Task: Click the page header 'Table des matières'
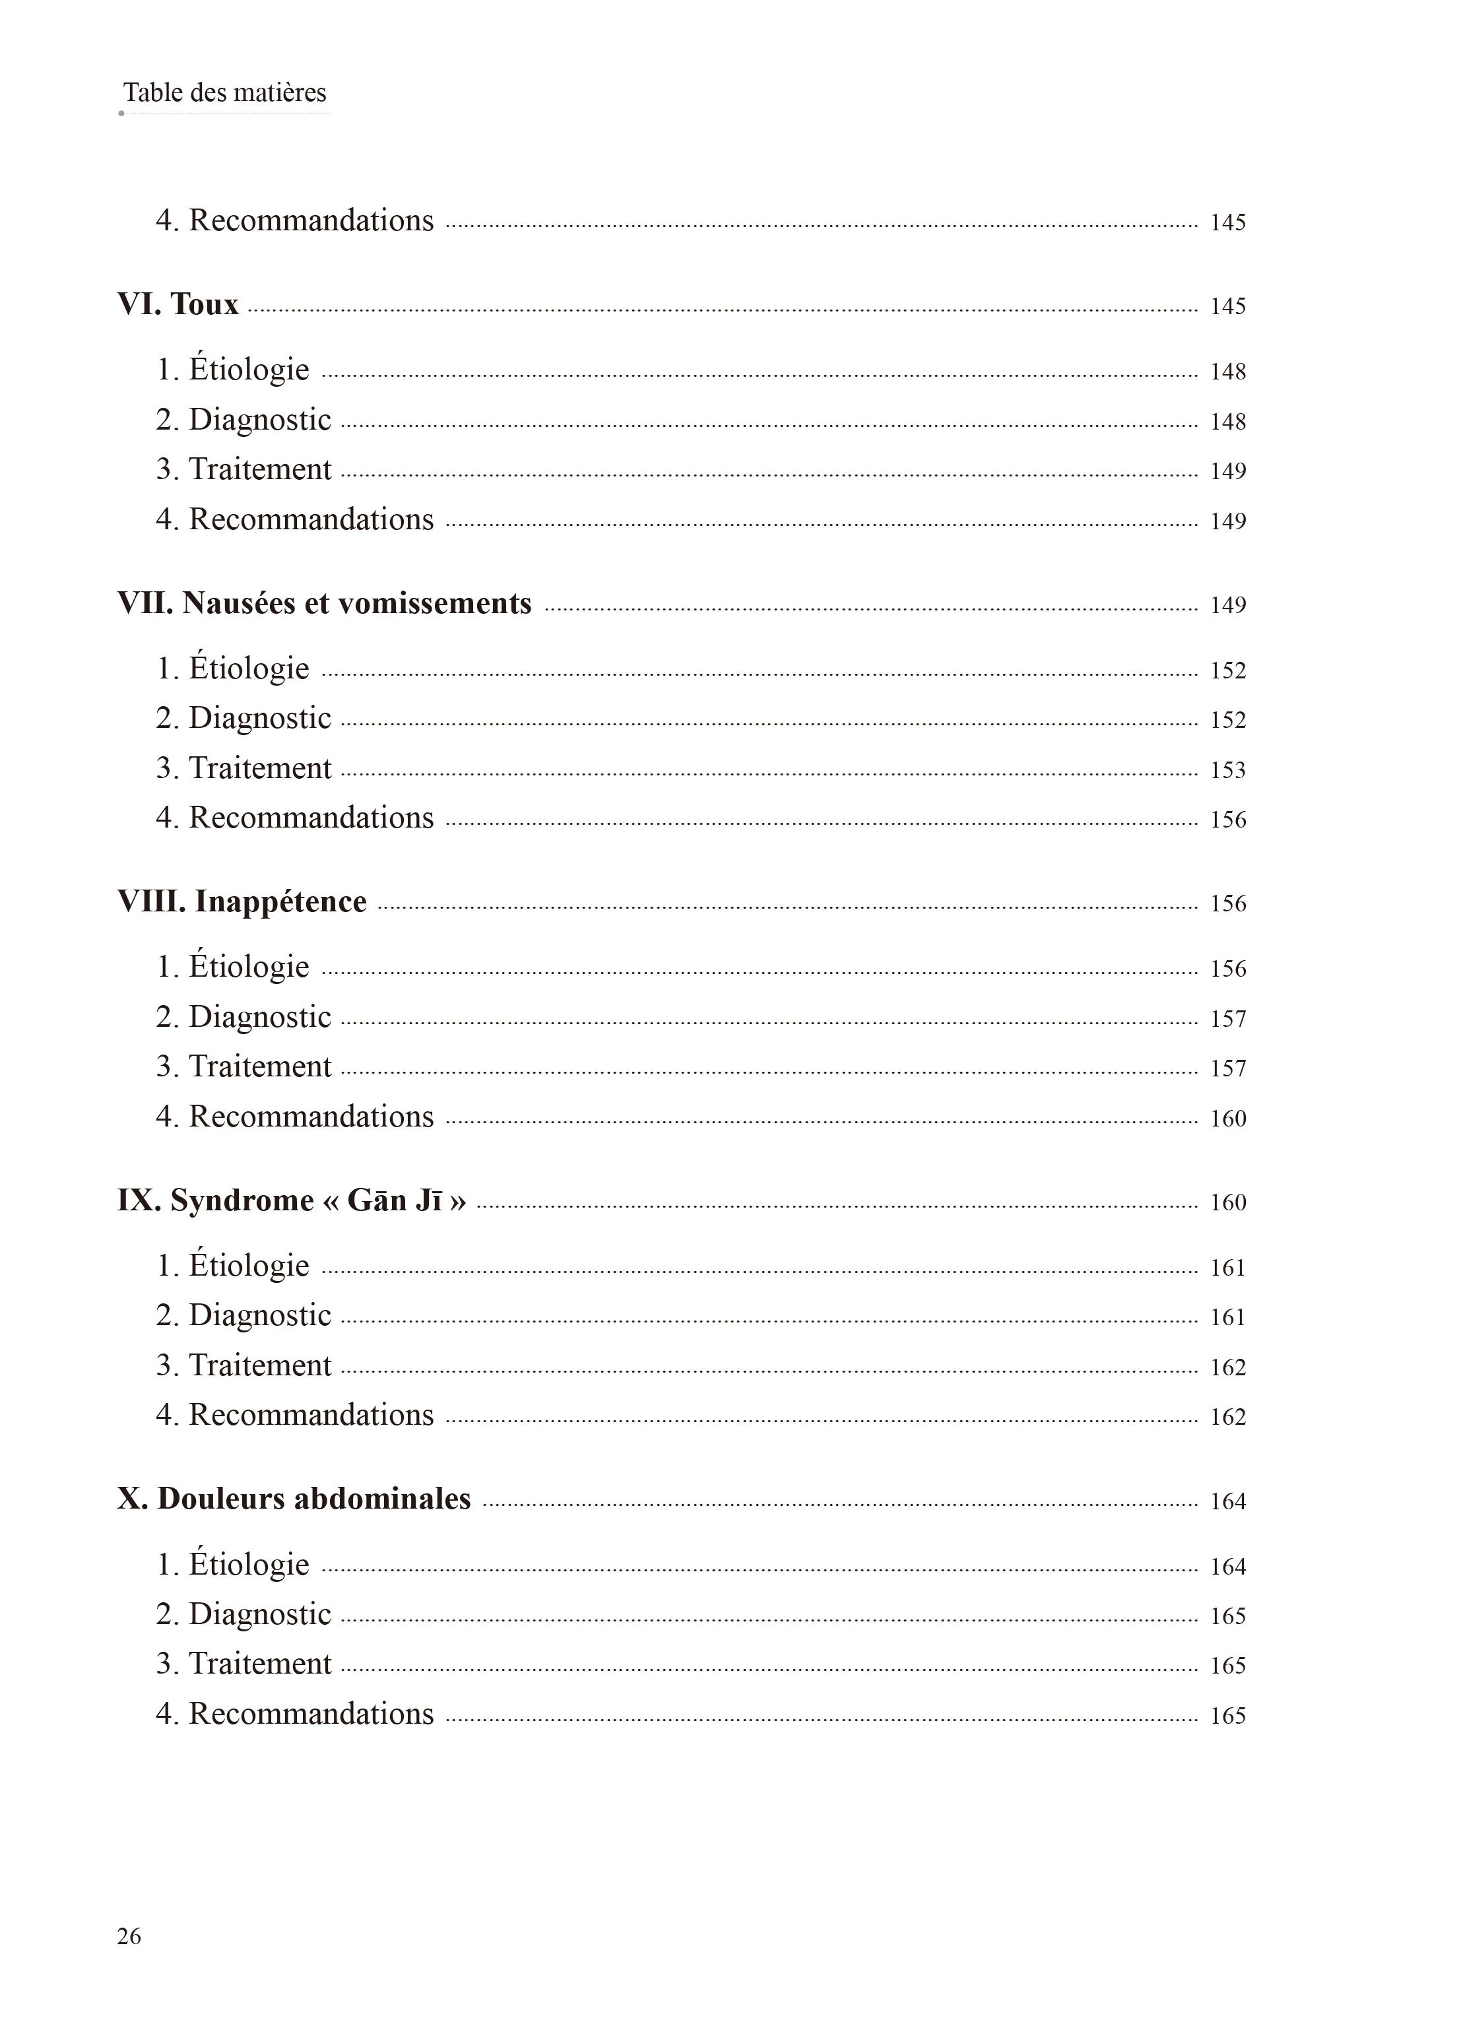click(224, 93)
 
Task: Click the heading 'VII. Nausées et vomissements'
click(324, 604)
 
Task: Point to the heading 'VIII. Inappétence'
click(242, 902)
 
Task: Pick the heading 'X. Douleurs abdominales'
click(294, 1499)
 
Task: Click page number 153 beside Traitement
click(1227, 770)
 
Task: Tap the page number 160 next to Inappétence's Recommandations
click(1227, 1119)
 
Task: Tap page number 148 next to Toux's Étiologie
click(1227, 372)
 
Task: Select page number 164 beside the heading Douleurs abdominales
click(1227, 1501)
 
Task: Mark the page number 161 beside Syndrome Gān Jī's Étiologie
click(1227, 1268)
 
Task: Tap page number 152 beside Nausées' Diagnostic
click(1227, 720)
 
